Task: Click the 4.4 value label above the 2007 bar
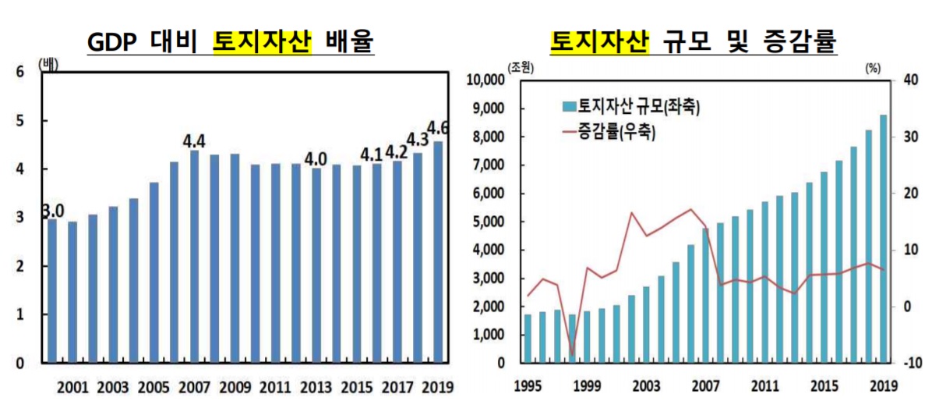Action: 194,141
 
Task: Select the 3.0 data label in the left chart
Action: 52,211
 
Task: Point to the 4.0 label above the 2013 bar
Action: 316,158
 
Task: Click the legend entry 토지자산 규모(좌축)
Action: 630,105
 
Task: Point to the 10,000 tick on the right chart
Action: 485,80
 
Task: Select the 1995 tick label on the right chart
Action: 528,385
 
